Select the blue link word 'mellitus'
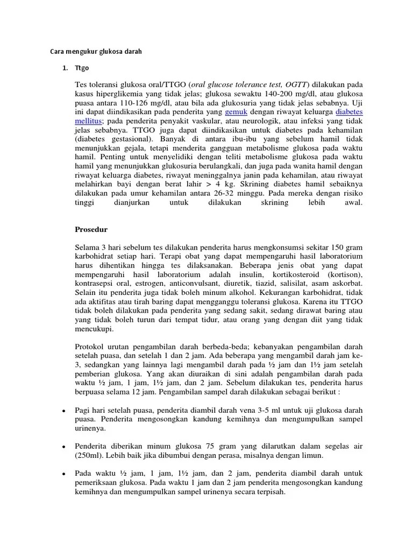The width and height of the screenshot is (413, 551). [x=87, y=121]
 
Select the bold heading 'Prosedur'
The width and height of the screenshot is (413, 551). [x=91, y=229]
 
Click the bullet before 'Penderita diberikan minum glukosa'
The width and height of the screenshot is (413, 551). [x=63, y=447]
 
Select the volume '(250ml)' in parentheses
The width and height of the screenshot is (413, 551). [x=90, y=455]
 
